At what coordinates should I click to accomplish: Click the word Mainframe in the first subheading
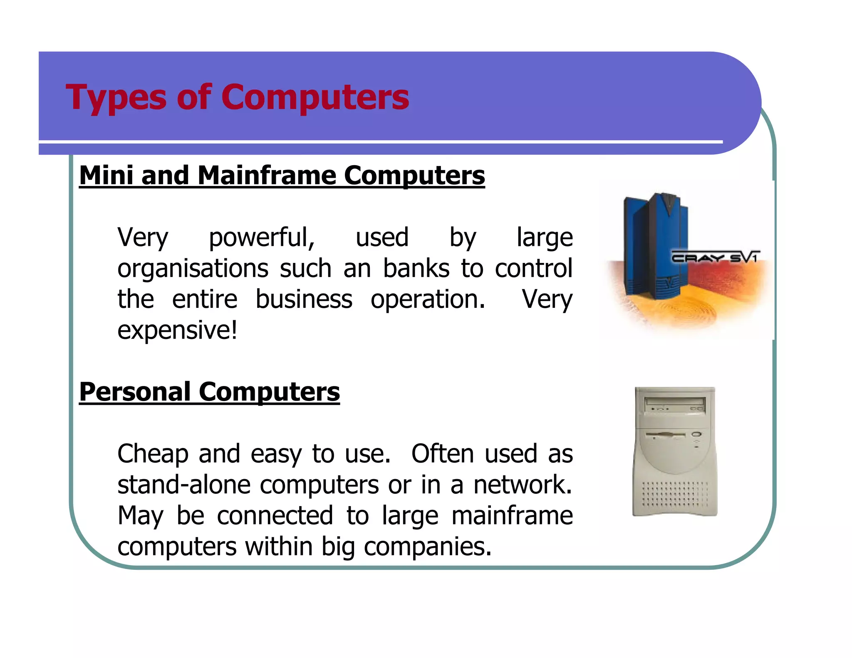tap(267, 175)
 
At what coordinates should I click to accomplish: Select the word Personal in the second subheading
tap(135, 392)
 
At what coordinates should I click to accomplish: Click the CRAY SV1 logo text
tap(715, 257)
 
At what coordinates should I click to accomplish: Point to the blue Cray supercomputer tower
tap(656, 245)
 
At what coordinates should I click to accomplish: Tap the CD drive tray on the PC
tap(674, 403)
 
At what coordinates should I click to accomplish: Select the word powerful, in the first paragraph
tap(262, 238)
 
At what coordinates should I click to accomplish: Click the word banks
tap(416, 268)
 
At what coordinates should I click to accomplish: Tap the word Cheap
tap(152, 454)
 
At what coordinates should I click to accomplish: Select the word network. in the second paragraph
tap(523, 485)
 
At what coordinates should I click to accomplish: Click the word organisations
tap(193, 269)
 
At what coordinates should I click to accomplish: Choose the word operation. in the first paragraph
tap(428, 300)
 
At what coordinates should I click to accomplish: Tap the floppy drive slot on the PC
tap(665, 435)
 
